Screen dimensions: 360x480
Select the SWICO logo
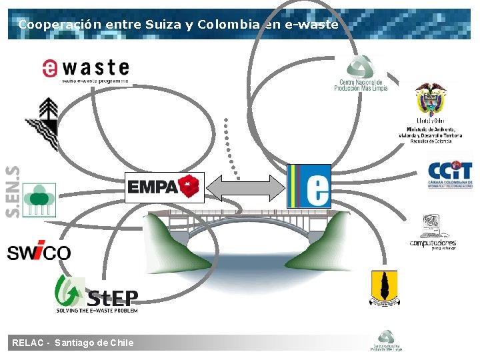point(39,253)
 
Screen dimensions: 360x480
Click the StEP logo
point(97,294)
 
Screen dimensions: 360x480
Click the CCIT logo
point(450,174)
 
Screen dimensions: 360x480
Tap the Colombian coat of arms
point(429,101)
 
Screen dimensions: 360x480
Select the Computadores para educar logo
point(433,233)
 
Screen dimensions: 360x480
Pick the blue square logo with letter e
point(309,185)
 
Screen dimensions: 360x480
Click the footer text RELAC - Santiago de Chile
point(73,343)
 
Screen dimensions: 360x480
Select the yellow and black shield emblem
point(384,288)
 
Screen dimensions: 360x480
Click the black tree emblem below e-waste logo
point(44,124)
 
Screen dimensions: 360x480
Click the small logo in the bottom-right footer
point(386,341)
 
